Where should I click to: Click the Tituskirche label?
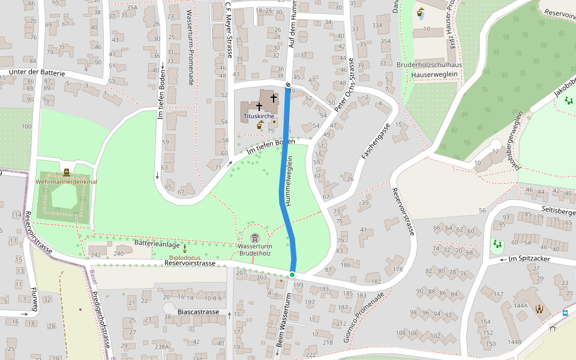(x=259, y=115)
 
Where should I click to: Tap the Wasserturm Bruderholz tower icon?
(x=255, y=238)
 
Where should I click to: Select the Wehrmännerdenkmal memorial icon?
(x=66, y=173)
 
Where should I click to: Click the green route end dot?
(x=292, y=275)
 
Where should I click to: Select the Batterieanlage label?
(x=157, y=245)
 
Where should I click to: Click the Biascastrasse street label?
(x=199, y=313)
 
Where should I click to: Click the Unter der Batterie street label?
(x=32, y=73)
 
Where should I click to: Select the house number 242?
(x=95, y=254)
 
